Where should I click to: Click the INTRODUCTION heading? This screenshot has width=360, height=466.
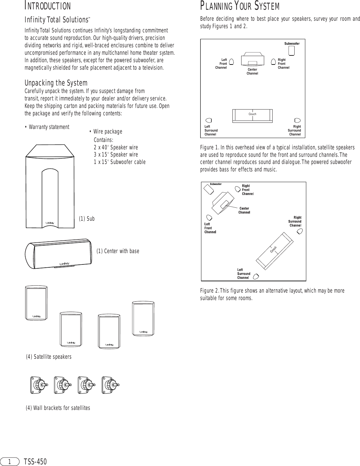pyautogui.click(x=48, y=6)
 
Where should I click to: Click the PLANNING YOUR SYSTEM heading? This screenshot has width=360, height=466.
pyautogui.click(x=240, y=6)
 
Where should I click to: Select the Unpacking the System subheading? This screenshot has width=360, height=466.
pyautogui.click(x=56, y=83)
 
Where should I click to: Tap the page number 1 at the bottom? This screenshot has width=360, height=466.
pyautogui.click(x=10, y=461)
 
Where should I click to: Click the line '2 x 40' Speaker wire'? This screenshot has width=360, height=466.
pyautogui.click(x=116, y=147)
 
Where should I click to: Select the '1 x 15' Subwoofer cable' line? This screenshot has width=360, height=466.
pyautogui.click(x=119, y=162)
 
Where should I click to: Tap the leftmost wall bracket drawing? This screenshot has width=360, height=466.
pyautogui.click(x=39, y=385)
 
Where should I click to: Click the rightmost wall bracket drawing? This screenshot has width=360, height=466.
pyautogui.click(x=110, y=385)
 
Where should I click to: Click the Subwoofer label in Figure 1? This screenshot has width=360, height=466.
pyautogui.click(x=292, y=43)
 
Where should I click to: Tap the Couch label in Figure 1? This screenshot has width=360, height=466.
pyautogui.click(x=252, y=114)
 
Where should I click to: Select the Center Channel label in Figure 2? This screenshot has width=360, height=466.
pyautogui.click(x=244, y=210)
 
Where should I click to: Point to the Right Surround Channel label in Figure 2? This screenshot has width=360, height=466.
pyautogui.click(x=295, y=221)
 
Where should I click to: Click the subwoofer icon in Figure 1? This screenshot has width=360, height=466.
pyautogui.click(x=291, y=51)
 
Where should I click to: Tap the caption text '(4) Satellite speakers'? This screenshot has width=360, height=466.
pyautogui.click(x=49, y=357)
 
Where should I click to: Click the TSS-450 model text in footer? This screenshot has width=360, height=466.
pyautogui.click(x=35, y=461)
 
